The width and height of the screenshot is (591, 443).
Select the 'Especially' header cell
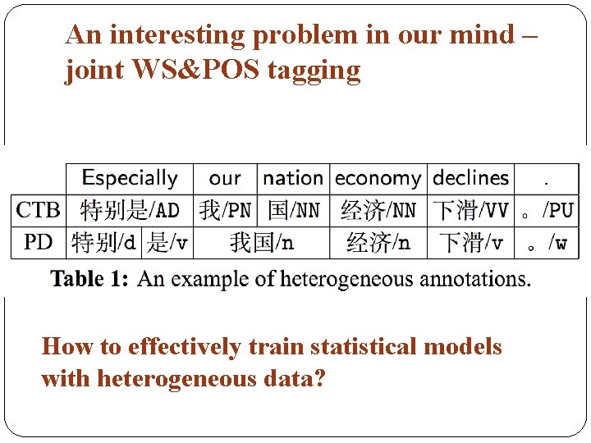coord(130,178)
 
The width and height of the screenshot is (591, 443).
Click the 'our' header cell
coord(225,178)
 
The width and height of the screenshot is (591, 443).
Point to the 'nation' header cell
coord(293,178)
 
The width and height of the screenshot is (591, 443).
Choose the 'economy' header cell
coord(378,178)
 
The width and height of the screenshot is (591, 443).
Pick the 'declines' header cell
coord(470,178)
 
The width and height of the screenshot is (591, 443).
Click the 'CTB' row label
coord(38,210)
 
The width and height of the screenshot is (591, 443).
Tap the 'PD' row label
coord(38,242)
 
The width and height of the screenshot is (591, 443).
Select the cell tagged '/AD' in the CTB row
coord(130,210)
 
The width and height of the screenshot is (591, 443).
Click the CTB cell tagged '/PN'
coord(225,210)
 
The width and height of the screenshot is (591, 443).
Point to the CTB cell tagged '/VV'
coord(470,210)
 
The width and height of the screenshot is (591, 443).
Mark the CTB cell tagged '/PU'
coord(547,210)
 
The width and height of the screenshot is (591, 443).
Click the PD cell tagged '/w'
coord(547,242)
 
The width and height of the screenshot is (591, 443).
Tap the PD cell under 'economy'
coord(378,242)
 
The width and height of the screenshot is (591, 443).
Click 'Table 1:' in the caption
coord(89,279)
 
